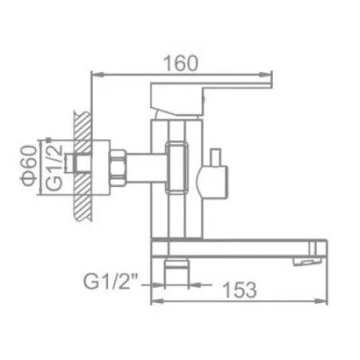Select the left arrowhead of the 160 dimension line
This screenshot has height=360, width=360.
click(x=96, y=77)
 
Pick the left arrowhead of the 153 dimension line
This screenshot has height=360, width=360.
click(x=153, y=302)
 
